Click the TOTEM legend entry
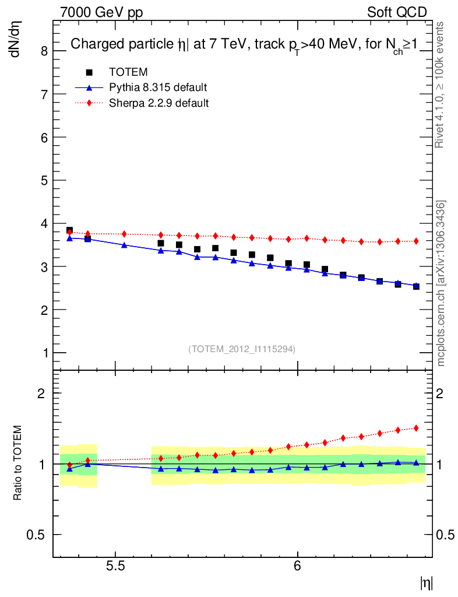[x=128, y=72]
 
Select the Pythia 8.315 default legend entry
[x=157, y=87]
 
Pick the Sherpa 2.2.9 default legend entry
[x=158, y=103]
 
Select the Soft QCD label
[x=397, y=12]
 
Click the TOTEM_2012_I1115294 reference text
[x=242, y=349]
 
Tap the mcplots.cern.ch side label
[x=441, y=283]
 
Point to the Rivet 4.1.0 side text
[x=441, y=85]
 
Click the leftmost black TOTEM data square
[x=69, y=230]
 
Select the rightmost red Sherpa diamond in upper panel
[x=416, y=241]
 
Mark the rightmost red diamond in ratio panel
[x=416, y=428]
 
